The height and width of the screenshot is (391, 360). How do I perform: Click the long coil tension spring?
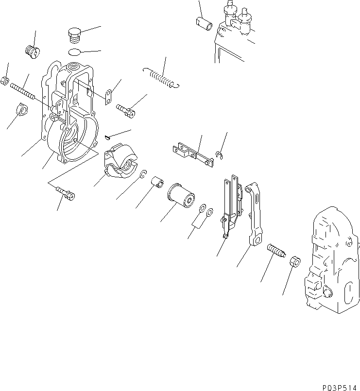[162, 78]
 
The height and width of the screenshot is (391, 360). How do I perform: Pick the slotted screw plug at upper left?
[32, 51]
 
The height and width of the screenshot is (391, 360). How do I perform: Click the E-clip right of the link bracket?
[220, 155]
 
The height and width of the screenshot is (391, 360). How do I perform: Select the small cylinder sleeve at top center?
[202, 22]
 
